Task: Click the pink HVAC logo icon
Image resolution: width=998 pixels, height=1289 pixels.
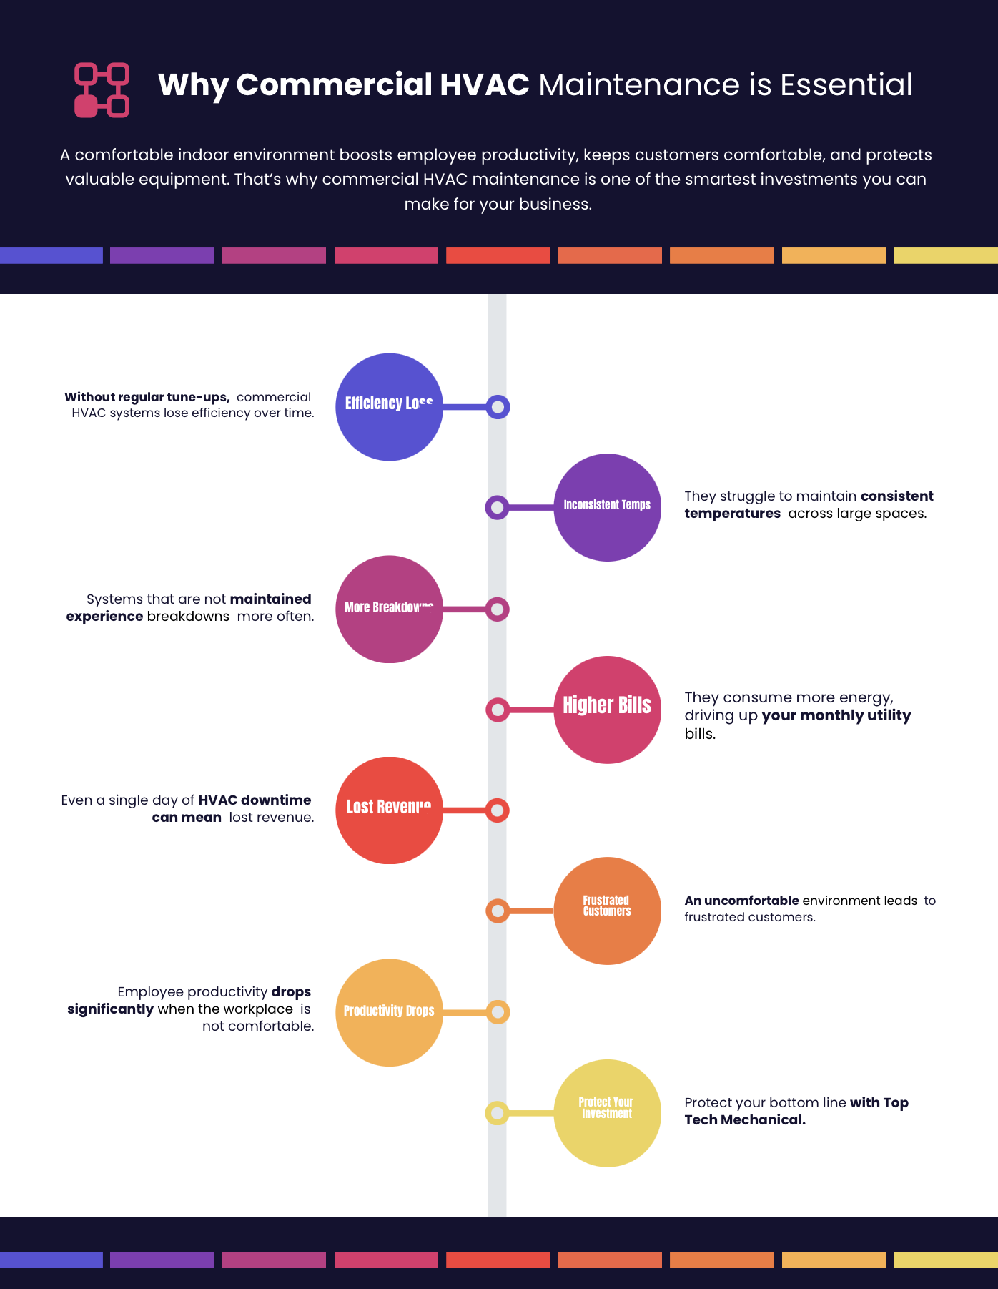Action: (x=102, y=90)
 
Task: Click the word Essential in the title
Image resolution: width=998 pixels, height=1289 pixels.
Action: (x=846, y=84)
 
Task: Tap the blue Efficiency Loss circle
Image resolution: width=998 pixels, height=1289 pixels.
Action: (x=389, y=407)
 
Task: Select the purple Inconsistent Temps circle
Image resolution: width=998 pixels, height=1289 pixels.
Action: (x=607, y=507)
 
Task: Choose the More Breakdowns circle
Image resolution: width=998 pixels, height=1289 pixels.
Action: (x=389, y=609)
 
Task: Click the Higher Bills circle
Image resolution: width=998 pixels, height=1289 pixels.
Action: (x=607, y=710)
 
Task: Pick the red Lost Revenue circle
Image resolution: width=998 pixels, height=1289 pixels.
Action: (x=389, y=810)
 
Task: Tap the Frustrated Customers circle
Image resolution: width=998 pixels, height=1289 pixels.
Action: (x=607, y=911)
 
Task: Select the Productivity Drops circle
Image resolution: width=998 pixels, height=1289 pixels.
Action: (x=389, y=1012)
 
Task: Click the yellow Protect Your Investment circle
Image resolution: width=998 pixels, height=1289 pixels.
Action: (x=607, y=1113)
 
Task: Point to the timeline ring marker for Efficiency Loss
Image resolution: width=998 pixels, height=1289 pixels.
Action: (x=498, y=407)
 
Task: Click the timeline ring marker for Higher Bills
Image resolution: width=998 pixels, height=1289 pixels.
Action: (x=497, y=710)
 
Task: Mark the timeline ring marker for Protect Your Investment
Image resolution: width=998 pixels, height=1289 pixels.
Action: (x=497, y=1113)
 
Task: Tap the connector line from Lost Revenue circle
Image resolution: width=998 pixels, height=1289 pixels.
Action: (x=465, y=810)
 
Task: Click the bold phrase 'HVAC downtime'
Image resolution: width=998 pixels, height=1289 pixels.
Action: (x=255, y=800)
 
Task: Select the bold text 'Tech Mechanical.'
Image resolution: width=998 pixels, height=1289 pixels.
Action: (x=744, y=1120)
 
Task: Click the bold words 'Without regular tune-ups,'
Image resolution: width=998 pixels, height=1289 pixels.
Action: (x=147, y=397)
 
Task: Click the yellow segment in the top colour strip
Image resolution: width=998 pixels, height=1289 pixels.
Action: (x=946, y=255)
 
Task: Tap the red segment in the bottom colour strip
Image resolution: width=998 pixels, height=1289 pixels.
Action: (x=498, y=1260)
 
